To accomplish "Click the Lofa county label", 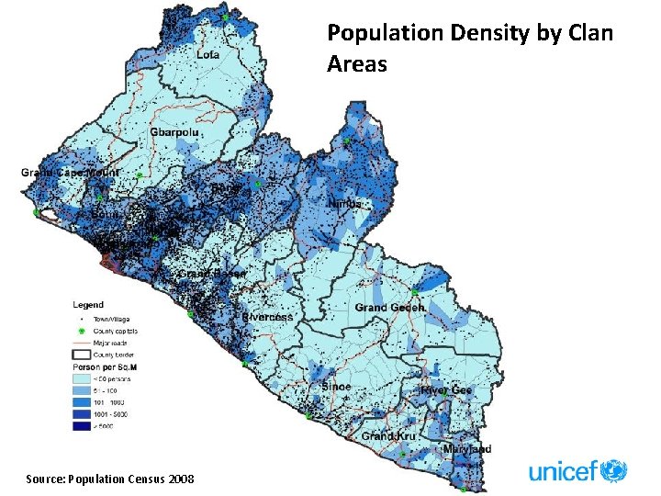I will click(x=207, y=55).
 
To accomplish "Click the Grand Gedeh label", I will click(x=389, y=308).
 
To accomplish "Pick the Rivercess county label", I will click(x=267, y=317).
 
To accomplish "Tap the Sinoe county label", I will click(x=336, y=387).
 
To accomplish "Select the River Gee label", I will click(x=446, y=390).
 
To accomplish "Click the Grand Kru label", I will click(x=388, y=435).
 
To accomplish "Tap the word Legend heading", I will click(x=88, y=305).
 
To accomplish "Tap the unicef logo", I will click(x=577, y=471).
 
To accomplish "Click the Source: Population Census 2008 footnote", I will click(x=109, y=479).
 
